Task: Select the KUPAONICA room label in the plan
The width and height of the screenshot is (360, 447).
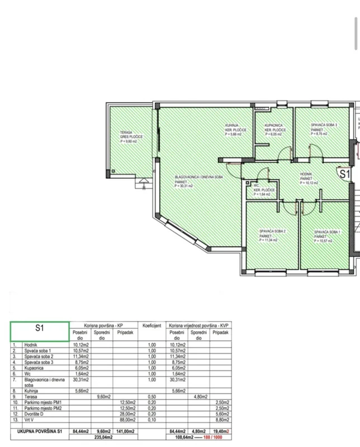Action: pyautogui.click(x=273, y=126)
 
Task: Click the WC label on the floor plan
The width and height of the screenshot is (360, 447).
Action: pyautogui.click(x=255, y=186)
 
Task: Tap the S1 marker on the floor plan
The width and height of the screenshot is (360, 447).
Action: pyautogui.click(x=344, y=174)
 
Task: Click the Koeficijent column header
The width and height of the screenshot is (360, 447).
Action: pyautogui.click(x=151, y=325)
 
